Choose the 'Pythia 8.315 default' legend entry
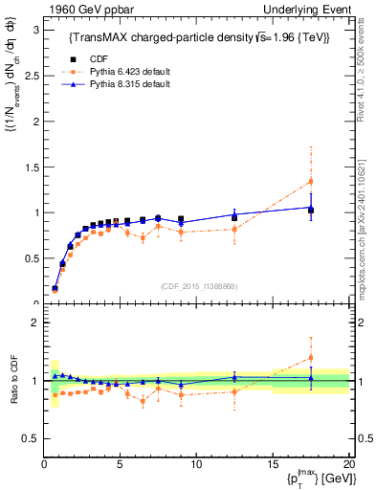click(107, 84)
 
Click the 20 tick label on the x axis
click(347, 463)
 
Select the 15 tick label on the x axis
click(272, 463)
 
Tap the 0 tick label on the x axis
click(44, 463)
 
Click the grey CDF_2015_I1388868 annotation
click(197, 286)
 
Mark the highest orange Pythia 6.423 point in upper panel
click(310, 181)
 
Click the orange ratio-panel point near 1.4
click(310, 358)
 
